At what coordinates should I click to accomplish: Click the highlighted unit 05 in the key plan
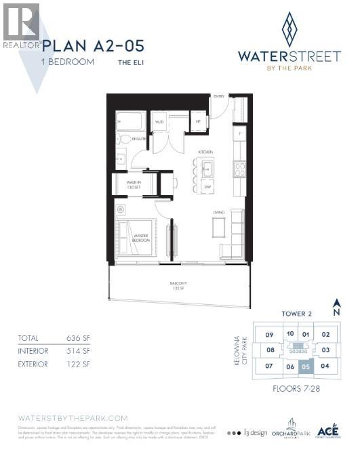(x=306, y=367)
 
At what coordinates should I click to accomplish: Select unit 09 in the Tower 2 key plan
(x=269, y=335)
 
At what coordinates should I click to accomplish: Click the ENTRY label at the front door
(x=219, y=97)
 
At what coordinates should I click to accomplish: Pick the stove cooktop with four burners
(x=239, y=168)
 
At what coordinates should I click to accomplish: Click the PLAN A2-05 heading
(x=94, y=47)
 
